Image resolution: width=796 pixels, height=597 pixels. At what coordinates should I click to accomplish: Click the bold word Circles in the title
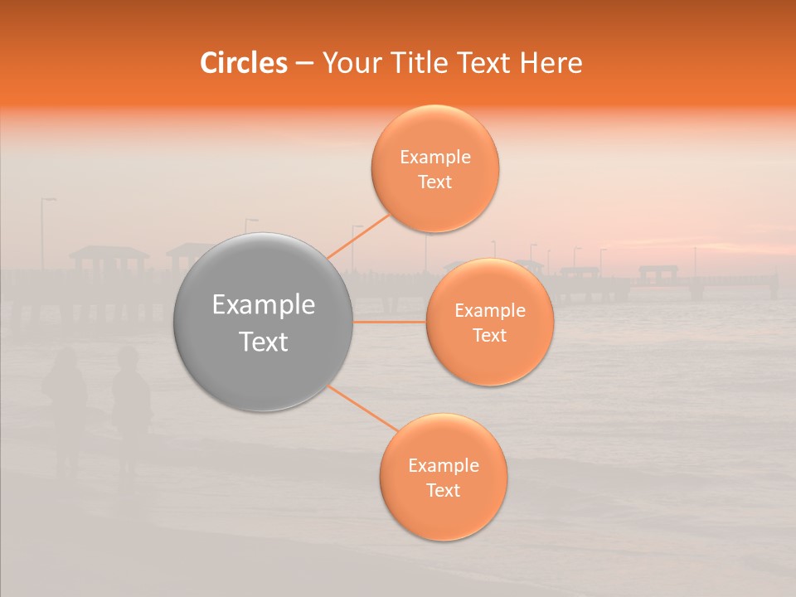click(x=243, y=63)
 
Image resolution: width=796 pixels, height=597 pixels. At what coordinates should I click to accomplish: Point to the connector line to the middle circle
click(x=390, y=322)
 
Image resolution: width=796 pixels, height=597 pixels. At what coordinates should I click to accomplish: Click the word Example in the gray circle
click(x=264, y=305)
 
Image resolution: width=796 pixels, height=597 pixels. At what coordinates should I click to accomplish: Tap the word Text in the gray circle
click(x=264, y=342)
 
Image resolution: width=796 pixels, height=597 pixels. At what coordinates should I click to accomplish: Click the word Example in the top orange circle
click(x=434, y=158)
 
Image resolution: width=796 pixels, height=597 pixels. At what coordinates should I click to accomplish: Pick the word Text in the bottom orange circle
click(x=443, y=490)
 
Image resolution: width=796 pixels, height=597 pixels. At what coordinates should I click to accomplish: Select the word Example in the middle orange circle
click(x=489, y=311)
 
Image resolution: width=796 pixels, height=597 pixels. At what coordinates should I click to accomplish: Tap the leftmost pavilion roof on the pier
click(x=108, y=251)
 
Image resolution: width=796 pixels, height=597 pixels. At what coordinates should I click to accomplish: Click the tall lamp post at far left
click(x=44, y=236)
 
